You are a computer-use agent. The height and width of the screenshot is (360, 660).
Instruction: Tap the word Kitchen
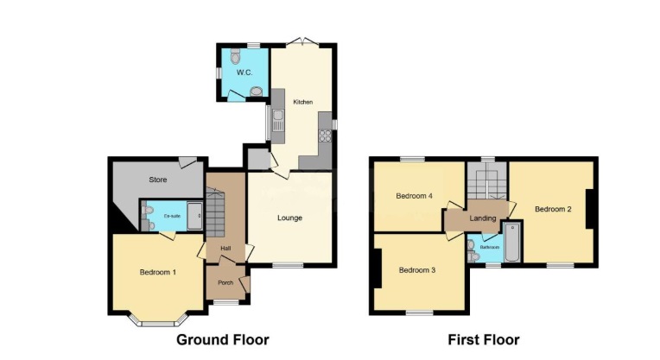(x=302, y=102)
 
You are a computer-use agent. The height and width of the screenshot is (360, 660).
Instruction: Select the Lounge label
(x=289, y=218)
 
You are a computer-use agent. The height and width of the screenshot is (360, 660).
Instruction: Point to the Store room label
(x=157, y=180)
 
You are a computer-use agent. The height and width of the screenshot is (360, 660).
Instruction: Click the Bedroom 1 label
(x=158, y=273)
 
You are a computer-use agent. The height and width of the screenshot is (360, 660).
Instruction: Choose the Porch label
(x=225, y=282)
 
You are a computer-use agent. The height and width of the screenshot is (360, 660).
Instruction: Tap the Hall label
(x=225, y=249)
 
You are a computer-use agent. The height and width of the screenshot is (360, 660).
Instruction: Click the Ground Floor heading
(x=222, y=340)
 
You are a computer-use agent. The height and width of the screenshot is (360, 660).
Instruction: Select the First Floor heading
(x=483, y=340)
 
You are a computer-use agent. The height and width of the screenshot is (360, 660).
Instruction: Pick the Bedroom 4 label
(x=414, y=195)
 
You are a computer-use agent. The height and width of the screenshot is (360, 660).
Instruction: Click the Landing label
(x=482, y=218)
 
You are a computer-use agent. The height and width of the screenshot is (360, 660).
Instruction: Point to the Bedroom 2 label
(x=552, y=209)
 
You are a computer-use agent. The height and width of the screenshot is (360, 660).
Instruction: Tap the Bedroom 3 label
(x=416, y=270)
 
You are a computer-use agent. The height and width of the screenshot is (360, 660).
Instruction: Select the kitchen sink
(x=278, y=121)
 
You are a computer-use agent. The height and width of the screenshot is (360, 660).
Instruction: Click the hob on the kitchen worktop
(x=326, y=135)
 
